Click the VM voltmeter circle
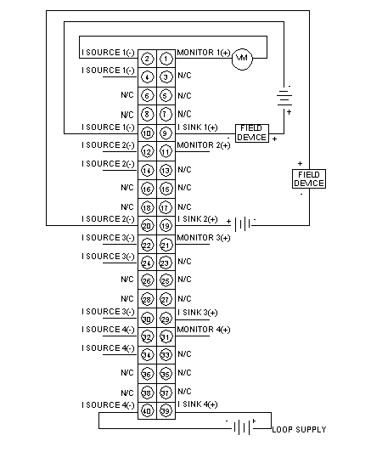(x=242, y=59)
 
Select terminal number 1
(x=166, y=59)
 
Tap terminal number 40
(x=147, y=410)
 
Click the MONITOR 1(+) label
(x=204, y=53)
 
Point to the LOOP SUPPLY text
(x=299, y=430)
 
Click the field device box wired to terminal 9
(x=252, y=133)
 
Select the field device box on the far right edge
(x=309, y=178)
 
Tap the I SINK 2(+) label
(x=198, y=219)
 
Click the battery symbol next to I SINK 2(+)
(x=243, y=224)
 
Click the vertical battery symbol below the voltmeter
(x=284, y=97)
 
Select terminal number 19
(x=166, y=226)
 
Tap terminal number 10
(x=147, y=133)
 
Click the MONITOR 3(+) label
(x=204, y=238)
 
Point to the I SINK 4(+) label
(x=198, y=404)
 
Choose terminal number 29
(x=166, y=319)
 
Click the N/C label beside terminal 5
(x=184, y=95)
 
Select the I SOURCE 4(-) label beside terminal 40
(x=108, y=405)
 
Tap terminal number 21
(x=166, y=245)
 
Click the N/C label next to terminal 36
(x=127, y=373)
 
